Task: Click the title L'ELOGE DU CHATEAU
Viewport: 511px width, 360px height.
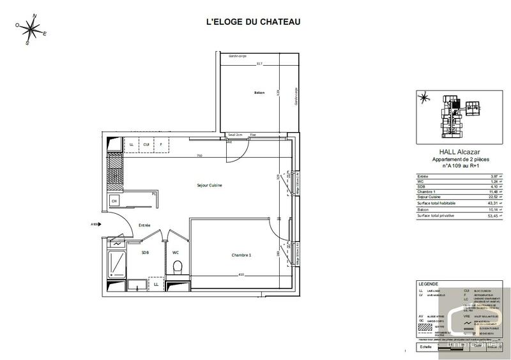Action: coord(253,22)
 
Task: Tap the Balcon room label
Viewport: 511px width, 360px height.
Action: coord(259,93)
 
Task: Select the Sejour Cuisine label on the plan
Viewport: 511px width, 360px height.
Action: coord(213,185)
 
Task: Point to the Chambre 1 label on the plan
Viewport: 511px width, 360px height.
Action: coord(241,255)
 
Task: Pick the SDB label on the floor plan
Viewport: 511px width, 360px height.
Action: coord(145,253)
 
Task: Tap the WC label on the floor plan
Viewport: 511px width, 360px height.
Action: coord(176,253)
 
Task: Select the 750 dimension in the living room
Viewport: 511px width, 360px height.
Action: coord(199,156)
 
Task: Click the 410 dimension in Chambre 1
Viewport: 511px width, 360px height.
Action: coord(241,275)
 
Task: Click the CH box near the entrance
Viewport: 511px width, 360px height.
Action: coord(114,202)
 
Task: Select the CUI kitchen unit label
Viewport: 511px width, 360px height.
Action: coord(146,145)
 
